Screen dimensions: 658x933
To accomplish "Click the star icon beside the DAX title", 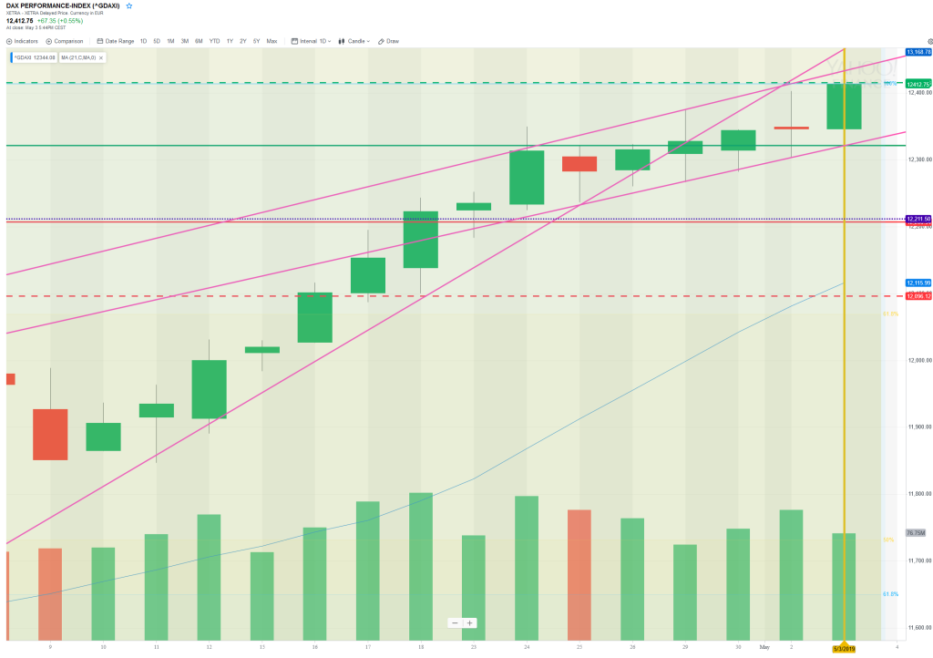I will point(128,5).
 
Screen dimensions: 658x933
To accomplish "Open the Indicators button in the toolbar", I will point(24,41).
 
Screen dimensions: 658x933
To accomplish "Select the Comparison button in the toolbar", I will point(65,41).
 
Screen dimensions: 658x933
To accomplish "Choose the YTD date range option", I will point(214,41).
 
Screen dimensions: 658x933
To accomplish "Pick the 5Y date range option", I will point(256,41).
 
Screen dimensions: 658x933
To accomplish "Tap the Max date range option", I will point(272,41).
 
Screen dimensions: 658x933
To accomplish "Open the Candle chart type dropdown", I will point(354,41).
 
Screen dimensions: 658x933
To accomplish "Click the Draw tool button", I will point(389,41).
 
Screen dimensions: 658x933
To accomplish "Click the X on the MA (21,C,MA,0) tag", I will point(101,57).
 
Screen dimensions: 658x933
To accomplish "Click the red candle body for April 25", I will point(579,164).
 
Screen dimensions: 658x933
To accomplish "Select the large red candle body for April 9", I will point(50,434).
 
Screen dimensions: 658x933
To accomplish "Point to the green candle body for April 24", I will point(527,177).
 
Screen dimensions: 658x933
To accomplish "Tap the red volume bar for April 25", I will point(579,574).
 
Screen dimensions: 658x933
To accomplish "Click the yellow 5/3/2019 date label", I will point(844,648).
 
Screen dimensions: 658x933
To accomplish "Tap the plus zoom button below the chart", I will point(470,623).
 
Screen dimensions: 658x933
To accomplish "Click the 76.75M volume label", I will point(916,532).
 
